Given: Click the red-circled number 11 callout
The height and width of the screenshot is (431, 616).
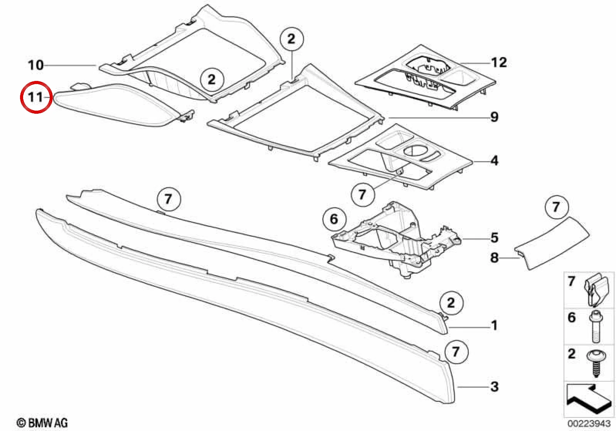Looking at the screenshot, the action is pyautogui.click(x=36, y=97).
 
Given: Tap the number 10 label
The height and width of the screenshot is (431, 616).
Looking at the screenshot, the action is pyautogui.click(x=36, y=65).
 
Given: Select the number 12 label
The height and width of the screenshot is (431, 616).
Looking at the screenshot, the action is pyautogui.click(x=499, y=62).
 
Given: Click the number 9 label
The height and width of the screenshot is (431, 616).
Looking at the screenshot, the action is pyautogui.click(x=495, y=117).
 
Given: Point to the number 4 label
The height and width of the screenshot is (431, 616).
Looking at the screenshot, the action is pyautogui.click(x=495, y=160).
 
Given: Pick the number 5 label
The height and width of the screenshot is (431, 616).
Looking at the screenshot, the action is pyautogui.click(x=495, y=237).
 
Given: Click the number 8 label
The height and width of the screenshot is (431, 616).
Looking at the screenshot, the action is pyautogui.click(x=495, y=258).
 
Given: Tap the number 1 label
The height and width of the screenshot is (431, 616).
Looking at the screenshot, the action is pyautogui.click(x=495, y=326).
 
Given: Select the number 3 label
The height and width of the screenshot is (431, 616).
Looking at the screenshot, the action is pyautogui.click(x=495, y=387).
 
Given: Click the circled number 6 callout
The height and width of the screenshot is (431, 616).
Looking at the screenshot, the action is pyautogui.click(x=334, y=219).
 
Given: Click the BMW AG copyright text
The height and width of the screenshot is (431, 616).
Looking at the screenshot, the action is pyautogui.click(x=42, y=423).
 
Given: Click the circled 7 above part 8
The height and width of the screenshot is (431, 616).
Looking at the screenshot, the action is pyautogui.click(x=556, y=207).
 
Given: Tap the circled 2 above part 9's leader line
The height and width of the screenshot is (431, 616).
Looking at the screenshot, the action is pyautogui.click(x=291, y=39).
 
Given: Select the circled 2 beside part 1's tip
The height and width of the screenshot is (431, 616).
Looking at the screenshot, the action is pyautogui.click(x=451, y=303).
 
